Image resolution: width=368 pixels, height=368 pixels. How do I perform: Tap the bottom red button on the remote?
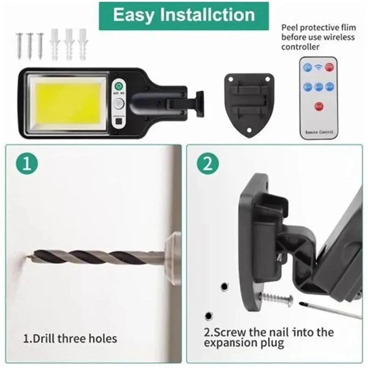click(x=318, y=107)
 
